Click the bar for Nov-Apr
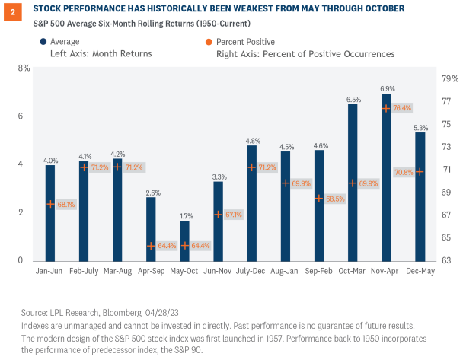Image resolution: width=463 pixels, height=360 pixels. pos(386,177)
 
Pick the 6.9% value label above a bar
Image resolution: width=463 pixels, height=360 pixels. pos(386,88)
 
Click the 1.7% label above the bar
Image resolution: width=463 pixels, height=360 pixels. pos(185,214)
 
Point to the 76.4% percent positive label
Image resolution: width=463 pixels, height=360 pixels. pos(401,108)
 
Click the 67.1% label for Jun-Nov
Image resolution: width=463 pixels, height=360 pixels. pos(234,215)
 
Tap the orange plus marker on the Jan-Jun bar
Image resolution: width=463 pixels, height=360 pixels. pos(50,204)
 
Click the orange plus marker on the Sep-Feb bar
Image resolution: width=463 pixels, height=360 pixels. pos(319,199)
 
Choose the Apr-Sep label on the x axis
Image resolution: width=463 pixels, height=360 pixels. pos(151,270)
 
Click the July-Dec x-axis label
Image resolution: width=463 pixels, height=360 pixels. pos(252,270)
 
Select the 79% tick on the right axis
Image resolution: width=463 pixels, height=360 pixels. pos(451,78)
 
